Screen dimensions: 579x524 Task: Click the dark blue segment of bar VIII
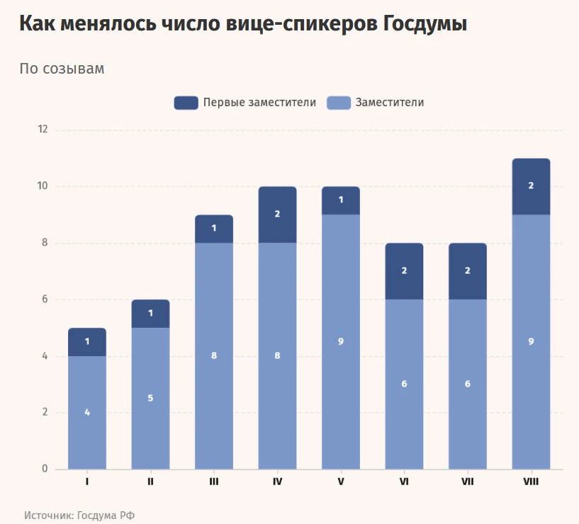coord(531,186)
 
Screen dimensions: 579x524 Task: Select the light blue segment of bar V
coord(341,342)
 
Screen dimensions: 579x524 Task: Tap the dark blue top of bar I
coord(87,342)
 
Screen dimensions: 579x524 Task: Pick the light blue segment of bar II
coord(151,399)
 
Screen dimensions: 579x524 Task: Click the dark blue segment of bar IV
coord(277,215)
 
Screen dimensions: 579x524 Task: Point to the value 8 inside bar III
coord(214,355)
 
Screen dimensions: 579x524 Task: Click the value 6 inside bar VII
coord(468,384)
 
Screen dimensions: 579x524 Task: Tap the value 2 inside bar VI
coord(405,270)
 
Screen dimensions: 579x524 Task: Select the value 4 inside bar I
coord(87,412)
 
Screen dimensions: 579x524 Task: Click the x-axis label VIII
coord(531,482)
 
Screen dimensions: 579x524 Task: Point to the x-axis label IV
coord(277,482)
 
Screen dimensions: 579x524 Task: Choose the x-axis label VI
coord(405,482)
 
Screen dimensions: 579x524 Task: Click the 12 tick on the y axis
coord(43,129)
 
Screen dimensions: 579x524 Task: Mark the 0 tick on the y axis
coord(45,469)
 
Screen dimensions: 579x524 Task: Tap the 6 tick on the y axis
coord(45,300)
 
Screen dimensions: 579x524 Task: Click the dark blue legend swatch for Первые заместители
coord(186,103)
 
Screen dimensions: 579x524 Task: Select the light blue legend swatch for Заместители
coord(339,103)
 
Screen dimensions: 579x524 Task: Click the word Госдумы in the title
coord(425,23)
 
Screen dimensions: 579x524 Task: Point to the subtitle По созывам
coord(62,69)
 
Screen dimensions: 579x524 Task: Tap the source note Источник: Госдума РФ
coord(79,515)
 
